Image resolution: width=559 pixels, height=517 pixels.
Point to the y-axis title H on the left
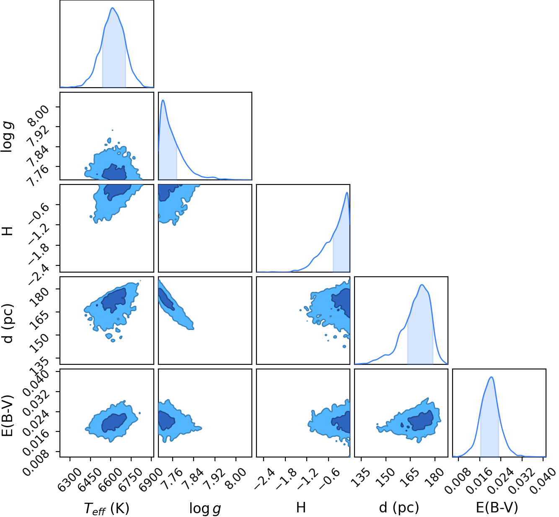pos(7,231)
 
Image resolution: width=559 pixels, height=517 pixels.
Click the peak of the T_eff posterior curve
pos(113,8)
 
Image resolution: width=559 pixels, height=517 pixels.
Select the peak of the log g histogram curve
pos(163,100)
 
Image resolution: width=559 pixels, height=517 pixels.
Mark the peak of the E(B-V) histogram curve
pos(492,377)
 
